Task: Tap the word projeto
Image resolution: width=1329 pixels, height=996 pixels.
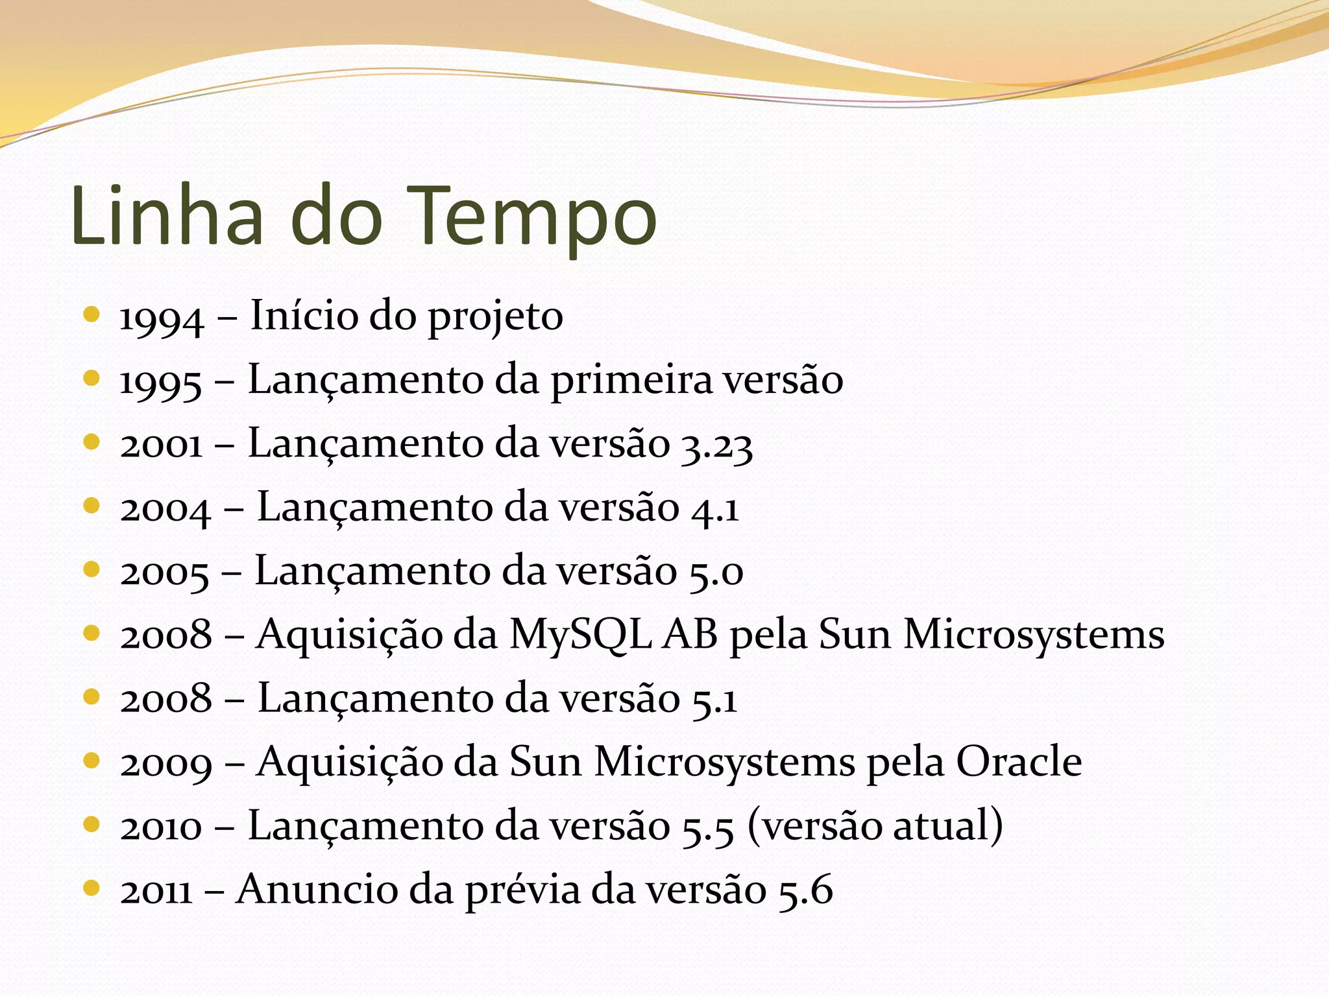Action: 495,318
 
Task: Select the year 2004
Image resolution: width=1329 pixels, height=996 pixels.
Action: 165,510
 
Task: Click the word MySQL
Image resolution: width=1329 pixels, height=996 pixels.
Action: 580,635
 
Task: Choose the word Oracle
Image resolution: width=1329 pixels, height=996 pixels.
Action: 1019,762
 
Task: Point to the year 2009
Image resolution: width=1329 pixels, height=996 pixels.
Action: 166,764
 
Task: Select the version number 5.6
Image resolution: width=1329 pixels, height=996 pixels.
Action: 805,890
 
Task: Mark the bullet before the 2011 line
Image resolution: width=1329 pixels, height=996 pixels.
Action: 91,888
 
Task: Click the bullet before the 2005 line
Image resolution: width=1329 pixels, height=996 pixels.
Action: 91,569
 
